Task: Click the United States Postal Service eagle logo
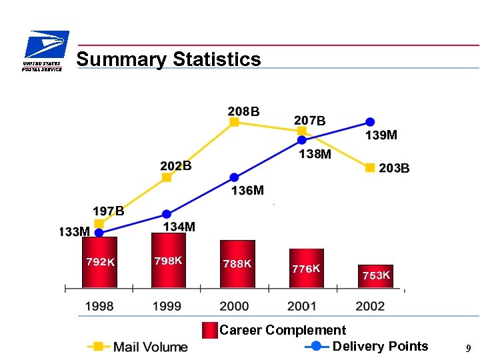point(43,51)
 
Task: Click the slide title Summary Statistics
point(169,59)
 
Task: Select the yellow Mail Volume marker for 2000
point(234,122)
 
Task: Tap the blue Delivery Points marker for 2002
point(370,122)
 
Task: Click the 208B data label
point(243,111)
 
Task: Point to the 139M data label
point(381,135)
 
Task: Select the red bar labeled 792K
point(99,262)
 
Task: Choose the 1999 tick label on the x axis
point(167,306)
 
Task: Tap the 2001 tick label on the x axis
point(302,306)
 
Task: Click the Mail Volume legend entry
point(137,347)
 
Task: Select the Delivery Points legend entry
point(367,346)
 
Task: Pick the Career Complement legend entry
point(275,330)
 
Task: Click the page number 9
point(469,348)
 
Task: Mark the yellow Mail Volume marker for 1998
point(99,223)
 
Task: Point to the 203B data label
point(393,169)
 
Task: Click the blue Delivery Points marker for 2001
point(302,140)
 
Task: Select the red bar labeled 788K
point(237,264)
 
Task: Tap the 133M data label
point(74,232)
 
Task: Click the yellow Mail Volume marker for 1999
point(167,177)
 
